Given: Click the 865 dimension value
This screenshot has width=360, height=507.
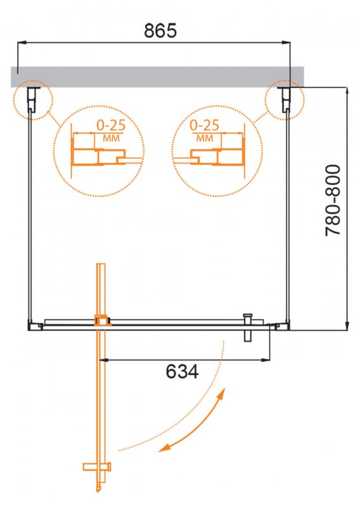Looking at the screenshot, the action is [x=160, y=30].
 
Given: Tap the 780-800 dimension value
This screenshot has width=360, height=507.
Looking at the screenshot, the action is [x=333, y=200].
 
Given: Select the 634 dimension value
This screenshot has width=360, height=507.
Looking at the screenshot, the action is [x=182, y=371].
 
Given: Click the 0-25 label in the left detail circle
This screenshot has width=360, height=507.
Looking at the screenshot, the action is [x=111, y=125].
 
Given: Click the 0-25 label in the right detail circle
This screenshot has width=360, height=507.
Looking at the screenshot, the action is [x=205, y=125].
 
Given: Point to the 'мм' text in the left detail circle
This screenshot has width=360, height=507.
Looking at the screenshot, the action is [x=112, y=138].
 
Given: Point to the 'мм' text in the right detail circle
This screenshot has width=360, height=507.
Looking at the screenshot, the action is [x=205, y=138].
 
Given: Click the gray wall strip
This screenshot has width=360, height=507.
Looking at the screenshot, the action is [x=158, y=77].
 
